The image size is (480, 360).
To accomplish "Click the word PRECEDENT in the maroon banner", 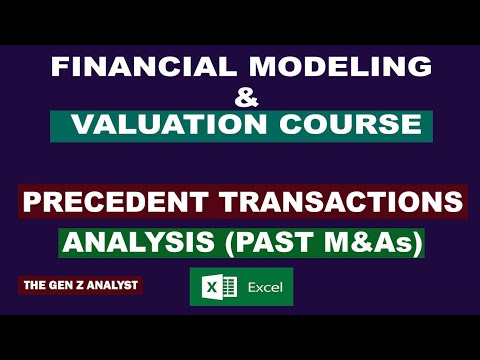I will pyautogui.click(x=116, y=202).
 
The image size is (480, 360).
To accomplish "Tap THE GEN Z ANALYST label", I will pyautogui.click(x=81, y=286).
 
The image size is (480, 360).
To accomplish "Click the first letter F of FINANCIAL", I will pyautogui.click(x=57, y=67).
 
